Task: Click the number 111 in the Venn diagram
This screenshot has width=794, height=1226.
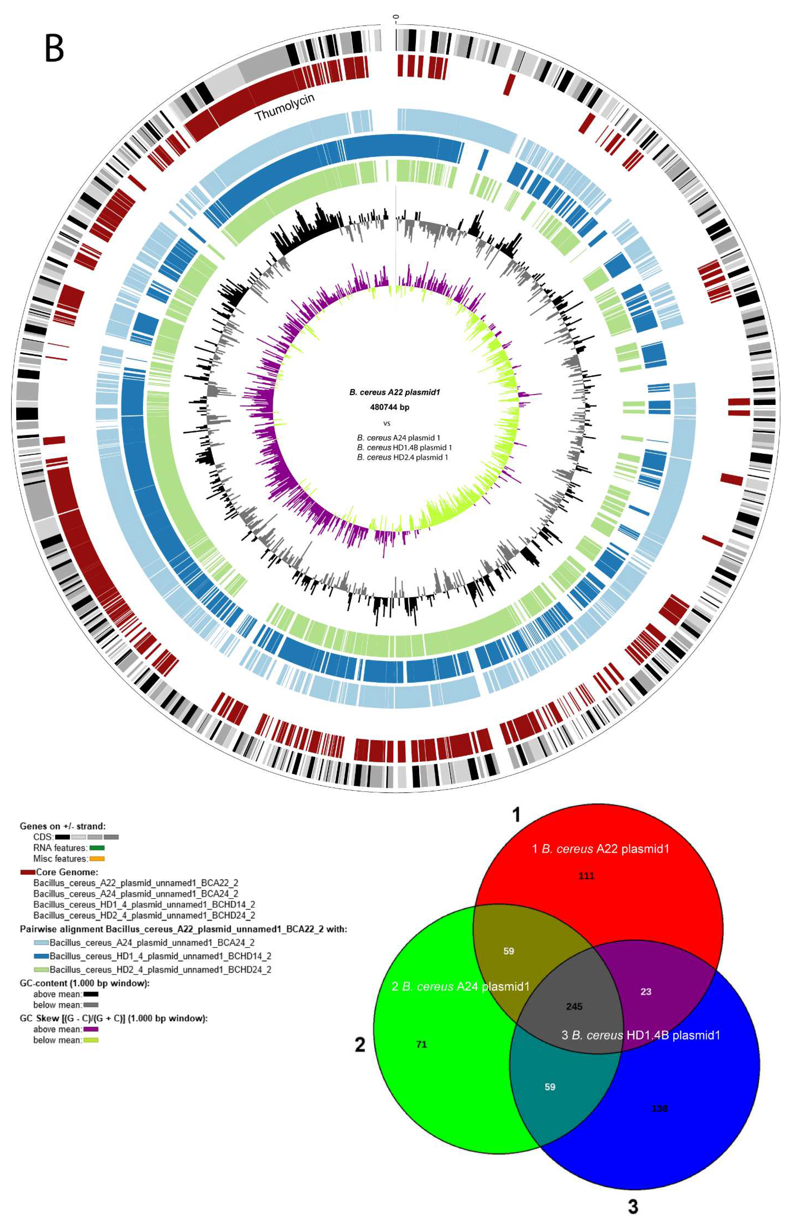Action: coord(586,876)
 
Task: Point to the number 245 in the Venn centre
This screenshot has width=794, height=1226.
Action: coord(574,1006)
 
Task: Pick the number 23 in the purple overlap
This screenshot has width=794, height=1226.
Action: coord(646,992)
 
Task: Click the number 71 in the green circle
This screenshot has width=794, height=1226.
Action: coord(421,1044)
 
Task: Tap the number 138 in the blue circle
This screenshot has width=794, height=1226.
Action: coord(659,1108)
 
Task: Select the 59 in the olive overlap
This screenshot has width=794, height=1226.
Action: coord(508,951)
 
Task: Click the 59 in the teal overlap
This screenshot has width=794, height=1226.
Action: coord(550,1086)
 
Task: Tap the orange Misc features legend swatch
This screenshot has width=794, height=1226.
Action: coord(97,859)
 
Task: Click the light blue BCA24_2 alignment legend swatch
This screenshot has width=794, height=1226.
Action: coord(41,943)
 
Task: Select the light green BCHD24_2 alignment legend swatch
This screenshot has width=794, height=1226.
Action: coord(41,969)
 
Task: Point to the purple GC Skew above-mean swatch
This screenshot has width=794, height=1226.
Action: coord(91,1029)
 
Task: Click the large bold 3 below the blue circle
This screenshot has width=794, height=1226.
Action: coord(633,1206)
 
